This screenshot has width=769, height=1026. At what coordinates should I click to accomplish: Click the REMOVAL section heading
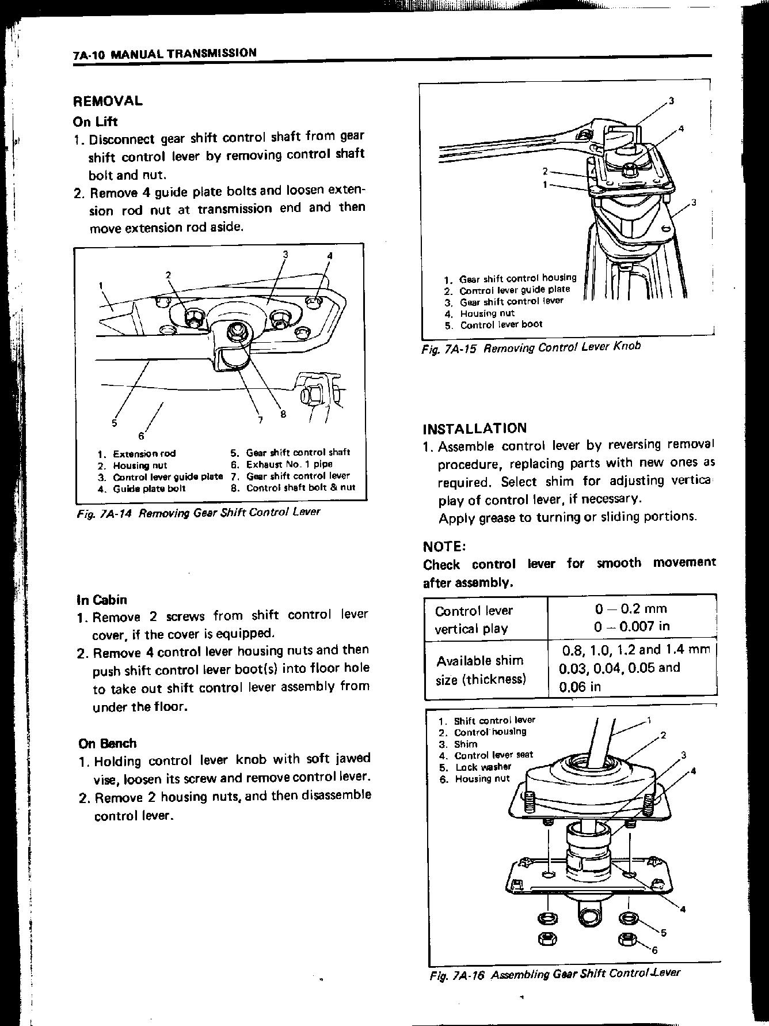pyautogui.click(x=108, y=101)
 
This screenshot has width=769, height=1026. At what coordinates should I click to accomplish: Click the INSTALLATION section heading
pyautogui.click(x=474, y=429)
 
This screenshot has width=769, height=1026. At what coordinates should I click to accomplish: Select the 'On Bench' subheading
pyautogui.click(x=108, y=743)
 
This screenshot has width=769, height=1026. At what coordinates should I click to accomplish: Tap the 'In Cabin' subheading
pyautogui.click(x=102, y=600)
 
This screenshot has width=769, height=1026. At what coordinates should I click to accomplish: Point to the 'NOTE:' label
pyautogui.click(x=444, y=546)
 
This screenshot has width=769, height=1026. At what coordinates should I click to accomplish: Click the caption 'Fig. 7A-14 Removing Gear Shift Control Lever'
pyautogui.click(x=199, y=512)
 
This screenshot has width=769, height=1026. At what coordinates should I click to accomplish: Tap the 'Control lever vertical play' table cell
pyautogui.click(x=474, y=619)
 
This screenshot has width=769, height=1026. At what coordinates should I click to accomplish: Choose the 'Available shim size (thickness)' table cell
pyautogui.click(x=481, y=669)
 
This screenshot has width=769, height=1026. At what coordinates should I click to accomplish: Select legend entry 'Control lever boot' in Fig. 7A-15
pyautogui.click(x=501, y=324)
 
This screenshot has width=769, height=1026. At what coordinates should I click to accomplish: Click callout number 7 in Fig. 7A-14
pyautogui.click(x=260, y=420)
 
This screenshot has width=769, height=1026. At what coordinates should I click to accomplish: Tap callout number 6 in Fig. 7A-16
pyautogui.click(x=654, y=951)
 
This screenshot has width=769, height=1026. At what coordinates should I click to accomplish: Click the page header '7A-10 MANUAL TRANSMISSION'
pyautogui.click(x=165, y=54)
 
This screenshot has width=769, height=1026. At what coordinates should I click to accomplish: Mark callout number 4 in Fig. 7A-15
pyautogui.click(x=681, y=128)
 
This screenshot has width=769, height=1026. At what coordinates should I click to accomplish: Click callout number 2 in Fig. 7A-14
pyautogui.click(x=168, y=275)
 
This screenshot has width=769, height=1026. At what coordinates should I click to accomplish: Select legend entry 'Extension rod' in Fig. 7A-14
pyautogui.click(x=144, y=453)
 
